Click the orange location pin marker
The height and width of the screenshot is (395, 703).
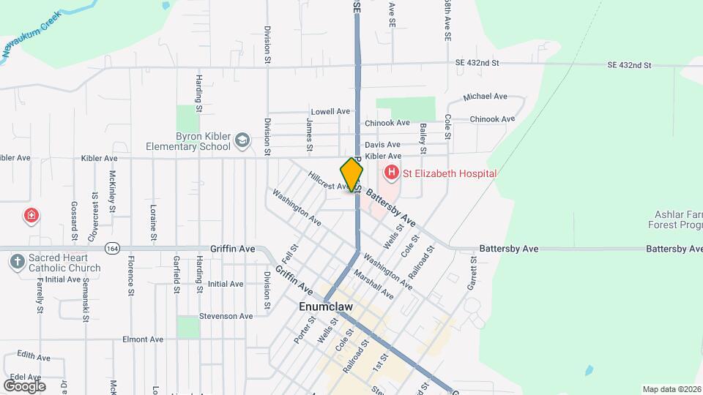(x=351, y=175)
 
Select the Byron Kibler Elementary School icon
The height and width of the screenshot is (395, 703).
(x=242, y=139)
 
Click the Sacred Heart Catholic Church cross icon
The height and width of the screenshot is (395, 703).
(x=18, y=261)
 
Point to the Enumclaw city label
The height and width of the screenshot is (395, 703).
(x=326, y=307)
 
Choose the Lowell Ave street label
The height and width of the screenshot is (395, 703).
(x=330, y=111)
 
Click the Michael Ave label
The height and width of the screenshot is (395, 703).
(x=485, y=97)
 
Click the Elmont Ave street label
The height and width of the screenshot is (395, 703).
(x=143, y=339)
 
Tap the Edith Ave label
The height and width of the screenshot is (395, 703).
(x=33, y=357)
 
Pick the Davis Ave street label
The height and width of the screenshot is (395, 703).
(x=382, y=145)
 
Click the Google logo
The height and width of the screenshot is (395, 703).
(x=24, y=385)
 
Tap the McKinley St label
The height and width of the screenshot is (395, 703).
(x=113, y=189)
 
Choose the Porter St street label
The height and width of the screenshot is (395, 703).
(x=304, y=331)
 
